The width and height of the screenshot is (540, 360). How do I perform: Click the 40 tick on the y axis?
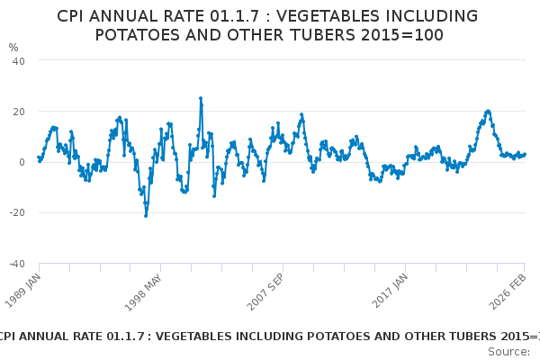(x=17, y=60)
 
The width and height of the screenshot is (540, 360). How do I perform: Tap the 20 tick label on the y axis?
(x=17, y=112)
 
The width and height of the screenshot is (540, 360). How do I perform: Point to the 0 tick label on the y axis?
(x=21, y=162)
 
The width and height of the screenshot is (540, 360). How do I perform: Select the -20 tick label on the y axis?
(x=15, y=213)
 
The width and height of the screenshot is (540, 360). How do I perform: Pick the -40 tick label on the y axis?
(x=15, y=264)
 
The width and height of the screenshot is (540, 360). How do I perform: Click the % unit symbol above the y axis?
(x=13, y=47)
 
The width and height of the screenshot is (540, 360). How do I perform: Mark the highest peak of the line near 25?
(x=201, y=98)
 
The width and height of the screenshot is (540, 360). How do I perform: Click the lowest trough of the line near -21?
(x=145, y=215)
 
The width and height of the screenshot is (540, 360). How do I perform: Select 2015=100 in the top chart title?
(x=401, y=35)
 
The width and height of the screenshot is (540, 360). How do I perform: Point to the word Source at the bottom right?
(x=508, y=351)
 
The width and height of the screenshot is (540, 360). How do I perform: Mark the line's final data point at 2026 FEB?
(x=525, y=154)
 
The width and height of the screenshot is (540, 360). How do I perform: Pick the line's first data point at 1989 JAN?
(x=39, y=157)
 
